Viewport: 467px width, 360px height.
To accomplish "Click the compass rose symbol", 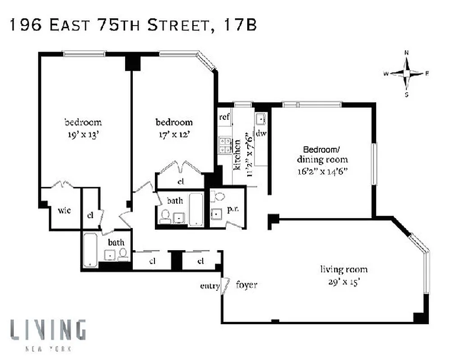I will point(407,73).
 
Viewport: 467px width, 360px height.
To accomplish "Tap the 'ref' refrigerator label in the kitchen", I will point(224,117).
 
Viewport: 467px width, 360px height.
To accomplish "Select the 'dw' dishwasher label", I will point(261,134).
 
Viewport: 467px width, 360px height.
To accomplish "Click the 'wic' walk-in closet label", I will point(63,210).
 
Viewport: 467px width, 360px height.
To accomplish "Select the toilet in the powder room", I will point(219,196).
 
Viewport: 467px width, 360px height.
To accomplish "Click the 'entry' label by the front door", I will point(210,286).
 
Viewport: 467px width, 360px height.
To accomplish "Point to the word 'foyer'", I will point(246,285).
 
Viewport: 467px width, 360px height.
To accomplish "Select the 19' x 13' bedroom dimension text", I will point(83,134).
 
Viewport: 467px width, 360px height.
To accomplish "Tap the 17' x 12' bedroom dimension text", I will point(174,134).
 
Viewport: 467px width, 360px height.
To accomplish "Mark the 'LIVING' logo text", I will point(48,330).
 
